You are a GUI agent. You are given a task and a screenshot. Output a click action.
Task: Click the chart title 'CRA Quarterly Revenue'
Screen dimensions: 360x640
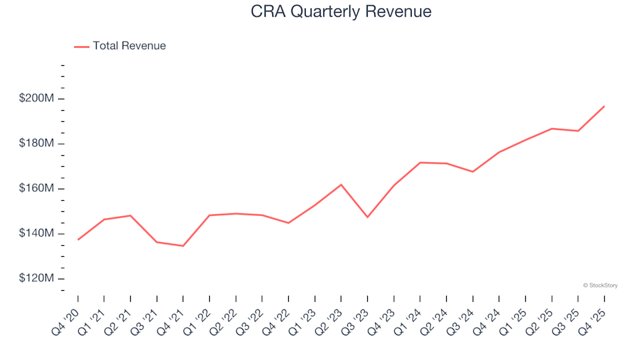[341, 11]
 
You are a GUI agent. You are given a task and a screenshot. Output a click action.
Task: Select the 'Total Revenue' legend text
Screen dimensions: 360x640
[129, 46]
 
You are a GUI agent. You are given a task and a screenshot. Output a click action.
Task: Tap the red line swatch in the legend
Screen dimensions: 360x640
[81, 47]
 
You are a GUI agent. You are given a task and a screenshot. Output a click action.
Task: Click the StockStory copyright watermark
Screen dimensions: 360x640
[600, 285]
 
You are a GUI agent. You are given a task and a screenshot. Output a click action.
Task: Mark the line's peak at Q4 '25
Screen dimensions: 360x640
[604, 106]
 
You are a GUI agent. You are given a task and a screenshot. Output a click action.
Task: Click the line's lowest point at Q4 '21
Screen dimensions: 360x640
[183, 246]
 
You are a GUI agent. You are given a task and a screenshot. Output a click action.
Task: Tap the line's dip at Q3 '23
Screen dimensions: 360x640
[367, 217]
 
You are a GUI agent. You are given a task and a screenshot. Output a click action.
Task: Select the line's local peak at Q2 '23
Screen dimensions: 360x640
[341, 185]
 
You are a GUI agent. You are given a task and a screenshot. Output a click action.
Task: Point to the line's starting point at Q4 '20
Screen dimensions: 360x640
[78, 239]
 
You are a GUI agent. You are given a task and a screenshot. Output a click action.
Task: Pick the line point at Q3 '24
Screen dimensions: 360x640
[473, 172]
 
